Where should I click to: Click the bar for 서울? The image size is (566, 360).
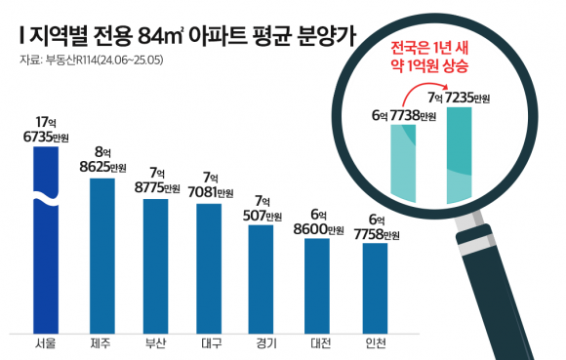pyautogui.click(x=46, y=254)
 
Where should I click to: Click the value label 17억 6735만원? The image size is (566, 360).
pyautogui.click(x=46, y=130)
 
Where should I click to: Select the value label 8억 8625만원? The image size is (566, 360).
pyautogui.click(x=101, y=159)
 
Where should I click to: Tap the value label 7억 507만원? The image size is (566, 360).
pyautogui.click(x=263, y=209)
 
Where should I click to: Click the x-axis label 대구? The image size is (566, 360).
pyautogui.click(x=211, y=343)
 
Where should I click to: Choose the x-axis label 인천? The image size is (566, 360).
pyautogui.click(x=375, y=343)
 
